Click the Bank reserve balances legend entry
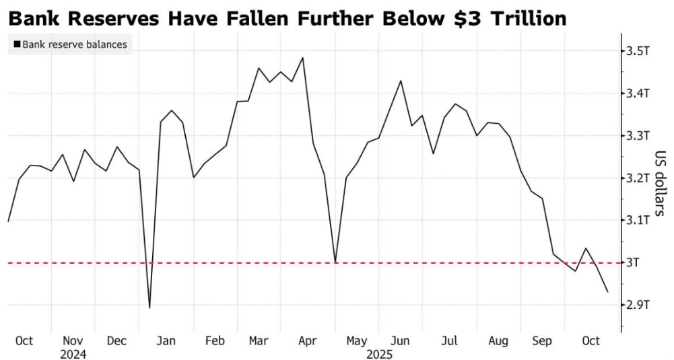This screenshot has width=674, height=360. pos(74,46)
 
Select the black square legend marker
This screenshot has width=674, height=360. pos(16,46)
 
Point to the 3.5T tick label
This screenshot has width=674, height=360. pos(636,51)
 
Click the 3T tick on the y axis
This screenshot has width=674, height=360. pos(633,262)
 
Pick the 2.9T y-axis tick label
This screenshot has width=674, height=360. pos(636,305)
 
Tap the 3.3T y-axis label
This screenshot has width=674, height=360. pos(636,136)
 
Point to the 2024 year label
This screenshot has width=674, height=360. pos(73,353)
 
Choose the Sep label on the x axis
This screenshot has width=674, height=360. pos(542,341)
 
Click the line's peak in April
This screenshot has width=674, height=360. pos(303,57)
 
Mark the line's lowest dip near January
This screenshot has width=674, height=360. pos(149,308)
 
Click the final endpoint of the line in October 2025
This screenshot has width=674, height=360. pos(608,292)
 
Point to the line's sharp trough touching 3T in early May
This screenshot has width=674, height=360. pos(335,262)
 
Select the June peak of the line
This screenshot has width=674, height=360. pos(401,81)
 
